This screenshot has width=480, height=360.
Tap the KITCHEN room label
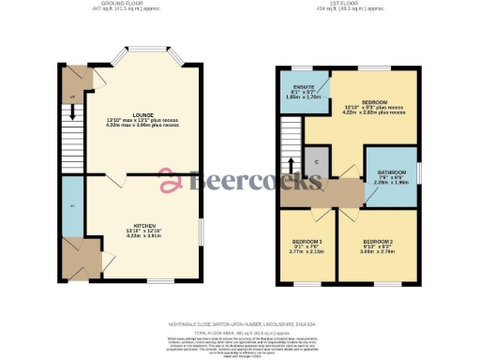144,225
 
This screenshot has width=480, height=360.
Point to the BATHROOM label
392,172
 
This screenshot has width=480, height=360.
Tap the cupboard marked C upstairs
317,163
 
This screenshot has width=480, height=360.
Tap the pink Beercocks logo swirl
172,180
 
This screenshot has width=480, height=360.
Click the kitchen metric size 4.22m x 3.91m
144,237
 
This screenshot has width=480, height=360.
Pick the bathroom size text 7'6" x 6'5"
392,177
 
